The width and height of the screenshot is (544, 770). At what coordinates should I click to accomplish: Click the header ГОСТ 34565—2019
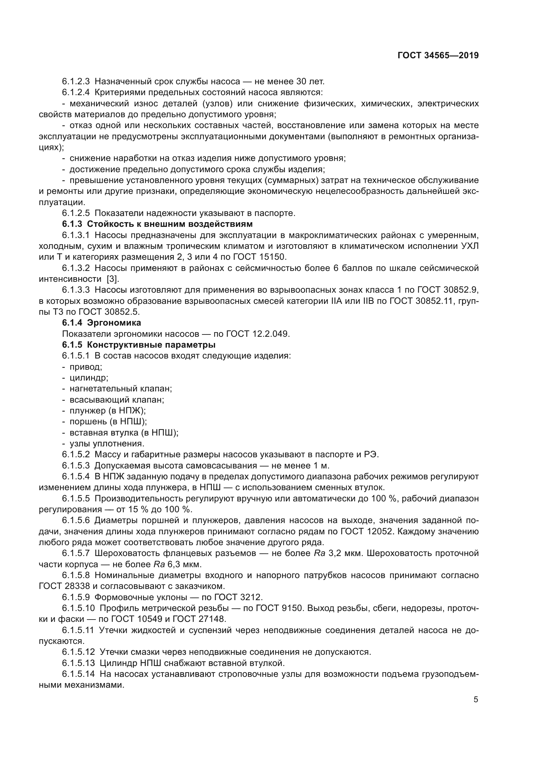coord(438,55)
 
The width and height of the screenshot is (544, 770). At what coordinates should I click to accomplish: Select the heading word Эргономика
coord(114,323)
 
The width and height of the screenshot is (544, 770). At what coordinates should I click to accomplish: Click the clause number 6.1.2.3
coord(76,82)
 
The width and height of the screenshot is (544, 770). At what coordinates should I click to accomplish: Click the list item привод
coord(86,366)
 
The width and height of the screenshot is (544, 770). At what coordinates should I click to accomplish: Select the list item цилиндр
coord(89,378)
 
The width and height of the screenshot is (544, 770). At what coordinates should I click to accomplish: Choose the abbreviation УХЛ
coord(470,246)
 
